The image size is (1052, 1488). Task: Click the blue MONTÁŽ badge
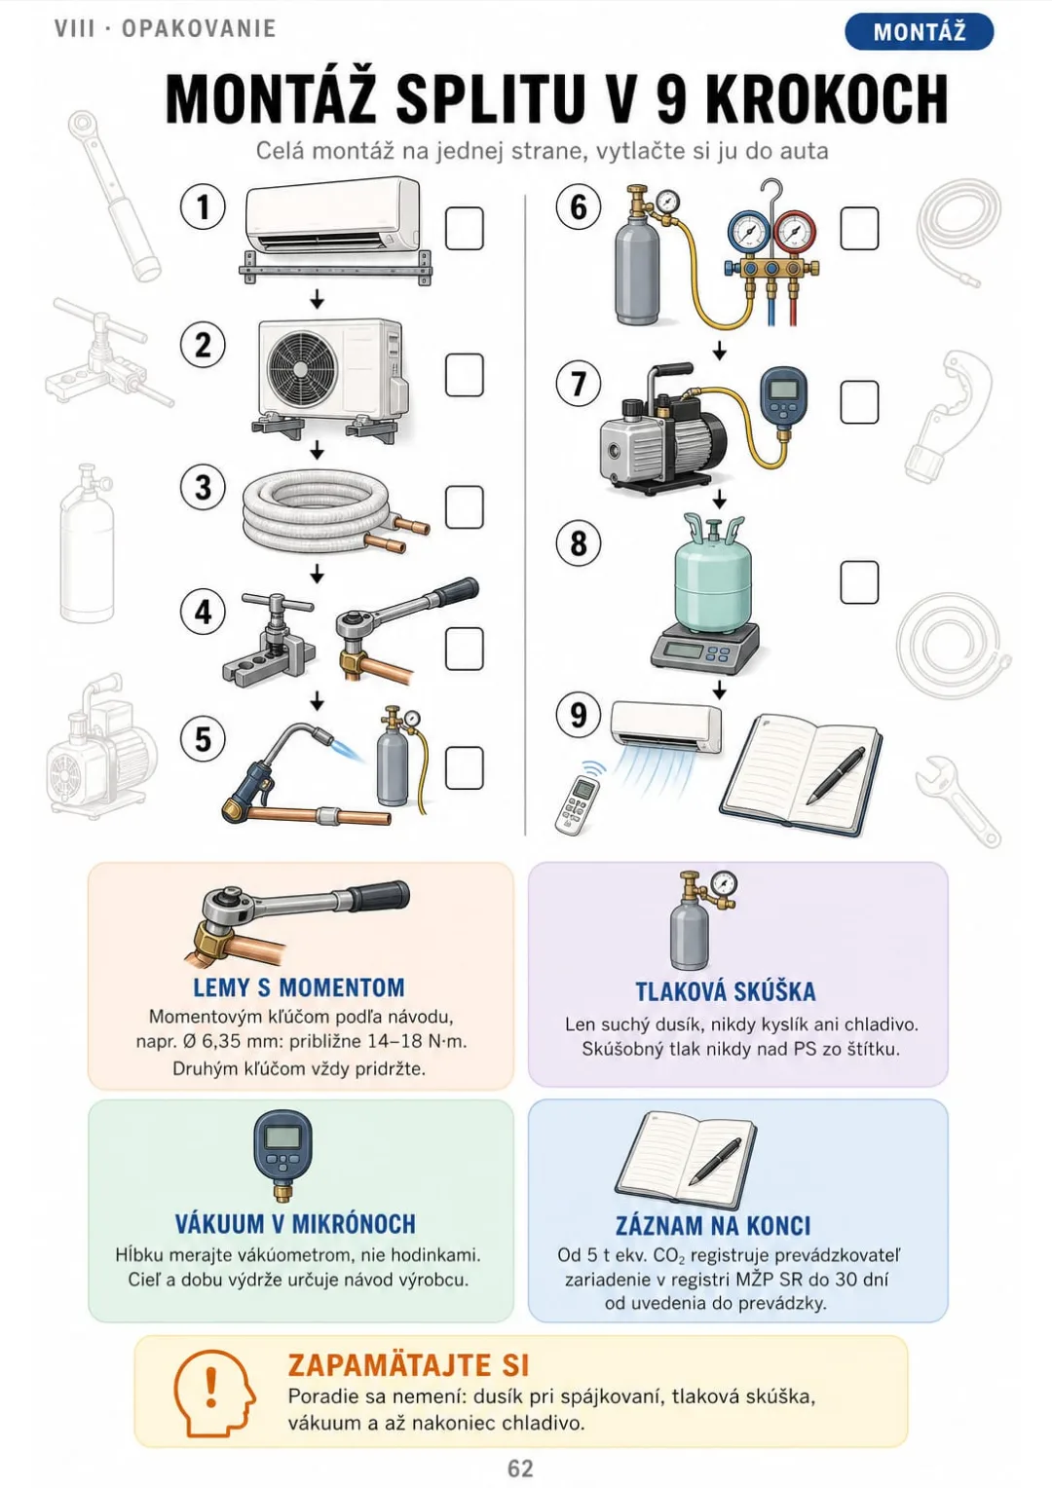point(920,31)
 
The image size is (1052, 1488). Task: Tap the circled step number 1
point(203,206)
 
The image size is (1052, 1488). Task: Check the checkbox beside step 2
point(464,375)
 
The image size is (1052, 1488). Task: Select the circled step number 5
point(203,739)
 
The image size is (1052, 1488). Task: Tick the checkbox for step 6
point(859,229)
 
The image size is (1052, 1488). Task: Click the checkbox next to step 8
point(859,582)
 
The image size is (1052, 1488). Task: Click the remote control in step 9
point(577,804)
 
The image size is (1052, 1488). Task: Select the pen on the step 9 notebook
point(837,775)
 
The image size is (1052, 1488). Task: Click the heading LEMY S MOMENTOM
point(299,987)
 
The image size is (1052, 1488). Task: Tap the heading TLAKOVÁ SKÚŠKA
point(726,991)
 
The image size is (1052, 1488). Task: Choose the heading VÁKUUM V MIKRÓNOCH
point(296,1224)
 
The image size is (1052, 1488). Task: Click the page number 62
point(520,1468)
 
